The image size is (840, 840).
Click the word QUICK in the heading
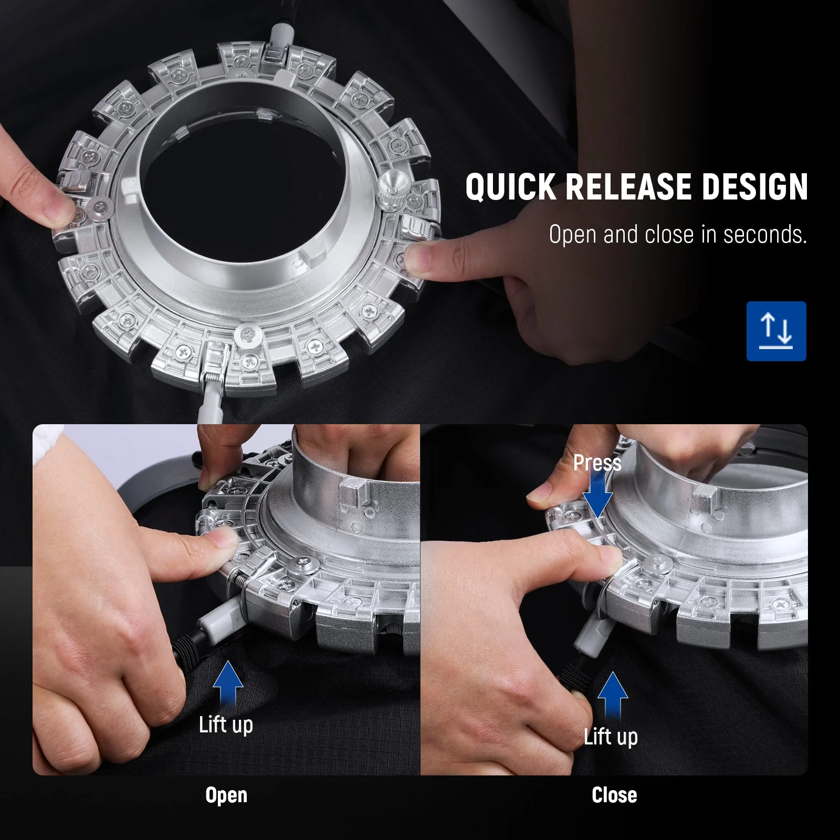[x=510, y=187]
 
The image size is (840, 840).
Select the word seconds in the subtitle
[x=765, y=235]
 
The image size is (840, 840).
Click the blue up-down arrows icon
[x=776, y=331]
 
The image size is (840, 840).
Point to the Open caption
[x=226, y=796]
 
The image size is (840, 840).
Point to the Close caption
[x=614, y=795]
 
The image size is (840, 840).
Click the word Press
[x=597, y=463]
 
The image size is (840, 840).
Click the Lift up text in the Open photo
[x=226, y=725]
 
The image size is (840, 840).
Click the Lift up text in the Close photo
[x=611, y=737]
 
